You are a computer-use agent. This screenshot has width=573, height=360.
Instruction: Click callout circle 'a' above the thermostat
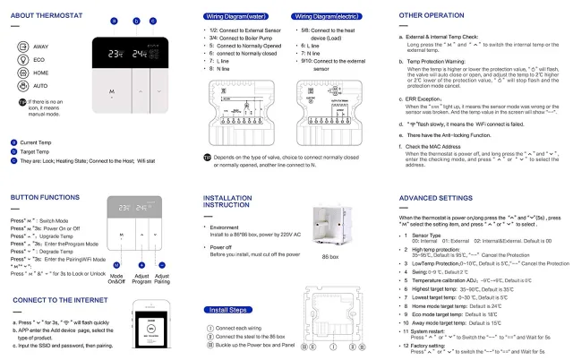coord(115,20)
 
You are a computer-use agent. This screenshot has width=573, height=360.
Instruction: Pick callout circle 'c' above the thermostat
coord(152,20)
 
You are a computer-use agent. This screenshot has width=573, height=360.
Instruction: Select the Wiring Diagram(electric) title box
coord(328,15)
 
